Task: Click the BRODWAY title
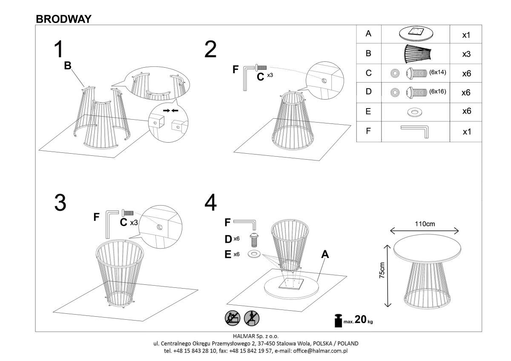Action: [63, 19]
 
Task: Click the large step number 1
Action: [58, 49]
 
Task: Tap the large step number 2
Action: [210, 50]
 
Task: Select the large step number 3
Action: [60, 203]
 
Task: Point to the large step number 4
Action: [210, 203]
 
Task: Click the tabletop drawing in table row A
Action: [415, 33]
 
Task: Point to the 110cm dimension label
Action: [425, 223]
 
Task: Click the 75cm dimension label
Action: [382, 270]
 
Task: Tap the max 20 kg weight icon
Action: [339, 321]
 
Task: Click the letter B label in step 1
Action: [67, 66]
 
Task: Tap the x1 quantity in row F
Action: [466, 132]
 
